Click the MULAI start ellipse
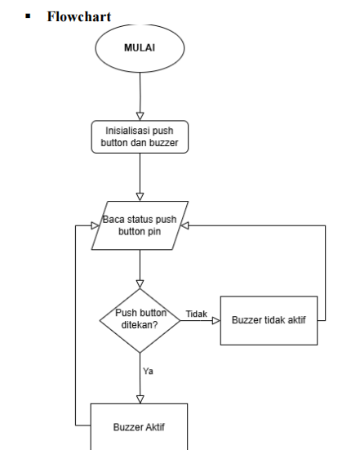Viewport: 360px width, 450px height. (140, 48)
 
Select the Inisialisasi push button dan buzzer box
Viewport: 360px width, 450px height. (140, 137)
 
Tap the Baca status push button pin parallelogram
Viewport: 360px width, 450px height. (140, 225)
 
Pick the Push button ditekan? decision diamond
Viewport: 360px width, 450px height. (140, 321)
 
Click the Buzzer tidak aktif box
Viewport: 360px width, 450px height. (269, 321)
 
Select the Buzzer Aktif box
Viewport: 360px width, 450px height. (139, 427)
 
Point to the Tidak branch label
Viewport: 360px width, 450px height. (197, 314)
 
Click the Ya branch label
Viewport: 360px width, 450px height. (148, 371)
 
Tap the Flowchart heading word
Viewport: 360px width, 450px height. (79, 16)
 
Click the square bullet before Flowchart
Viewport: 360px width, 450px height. (28, 16)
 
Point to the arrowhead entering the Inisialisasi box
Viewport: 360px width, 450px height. (140, 116)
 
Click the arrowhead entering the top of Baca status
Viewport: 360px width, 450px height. (140, 197)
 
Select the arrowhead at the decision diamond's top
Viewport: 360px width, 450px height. (140, 284)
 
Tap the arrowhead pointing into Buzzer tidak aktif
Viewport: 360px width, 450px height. (216, 321)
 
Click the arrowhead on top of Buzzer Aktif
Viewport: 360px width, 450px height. (140, 399)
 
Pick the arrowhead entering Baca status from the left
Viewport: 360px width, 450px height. (95, 225)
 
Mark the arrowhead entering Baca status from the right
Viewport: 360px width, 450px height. (184, 225)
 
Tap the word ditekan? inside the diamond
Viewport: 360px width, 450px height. (140, 325)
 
